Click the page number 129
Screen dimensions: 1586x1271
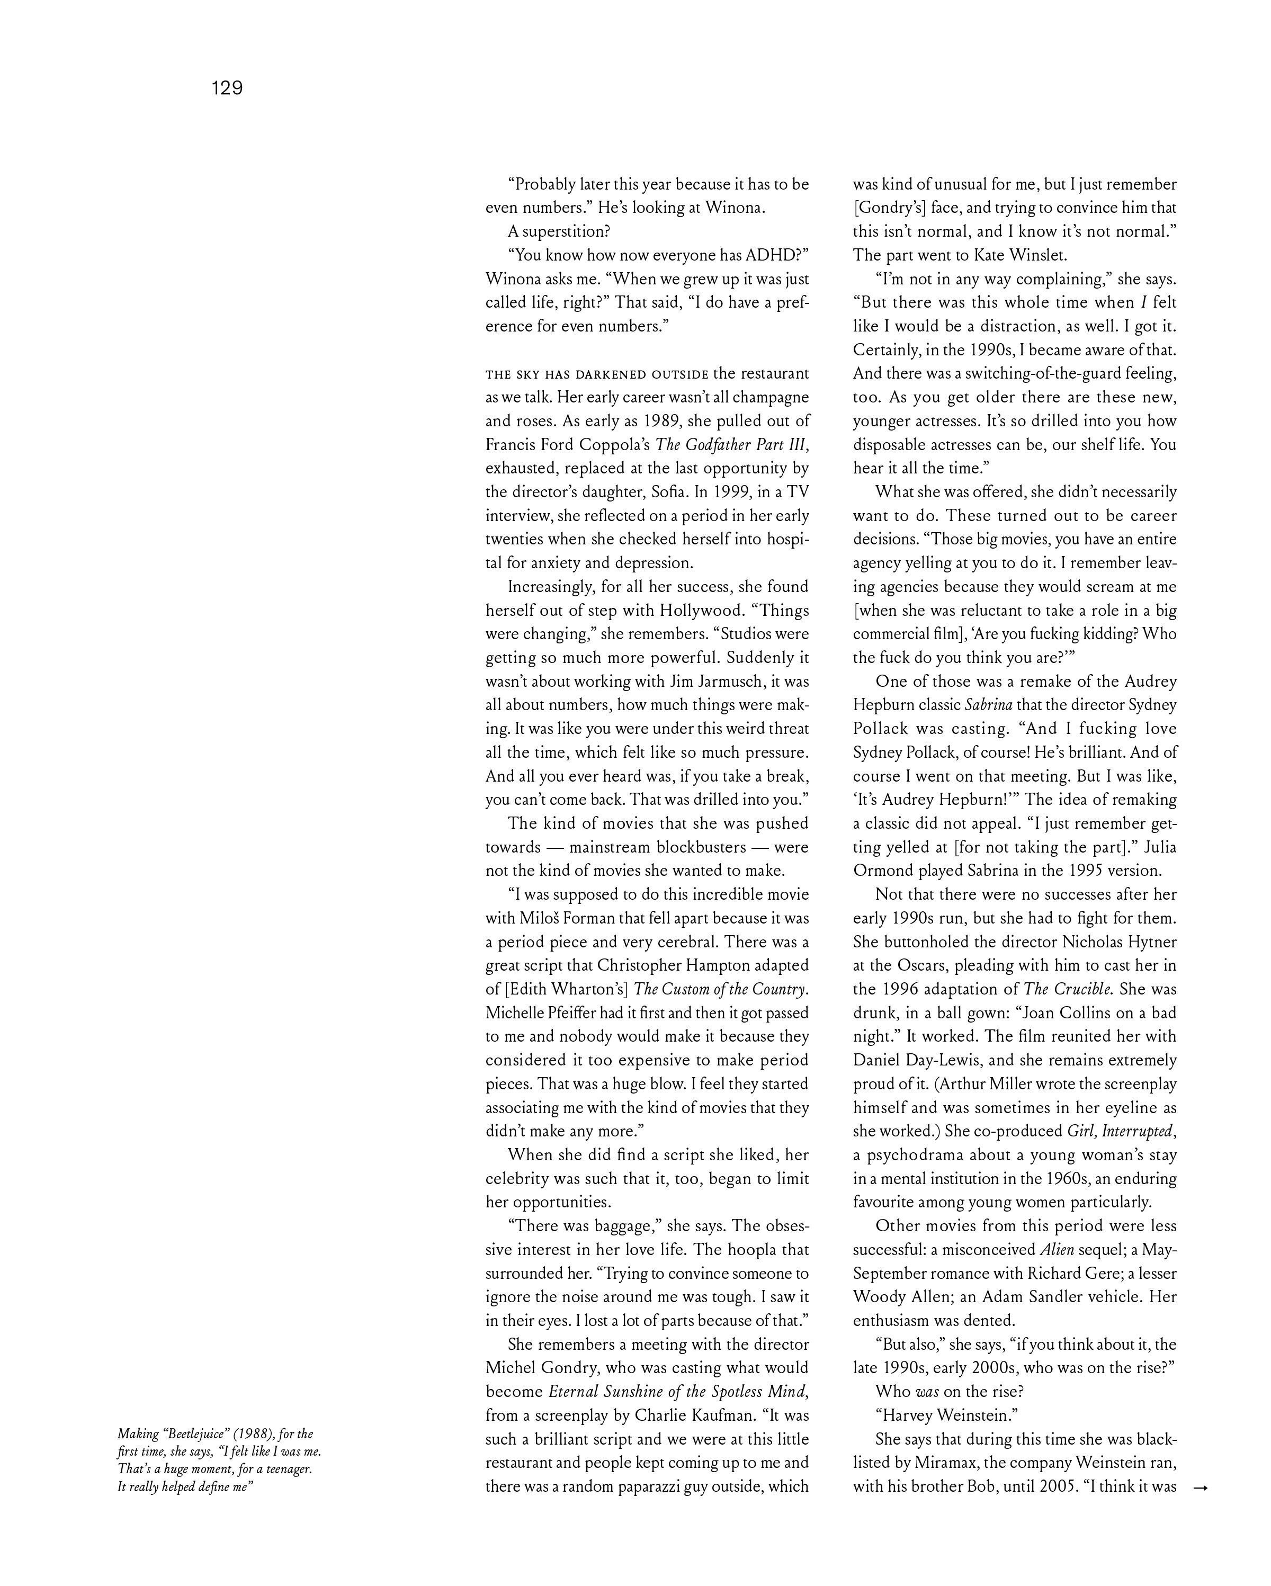pos(227,88)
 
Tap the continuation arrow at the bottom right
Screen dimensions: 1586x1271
pos(1201,1488)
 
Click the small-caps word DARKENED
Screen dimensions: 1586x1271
pos(611,374)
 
